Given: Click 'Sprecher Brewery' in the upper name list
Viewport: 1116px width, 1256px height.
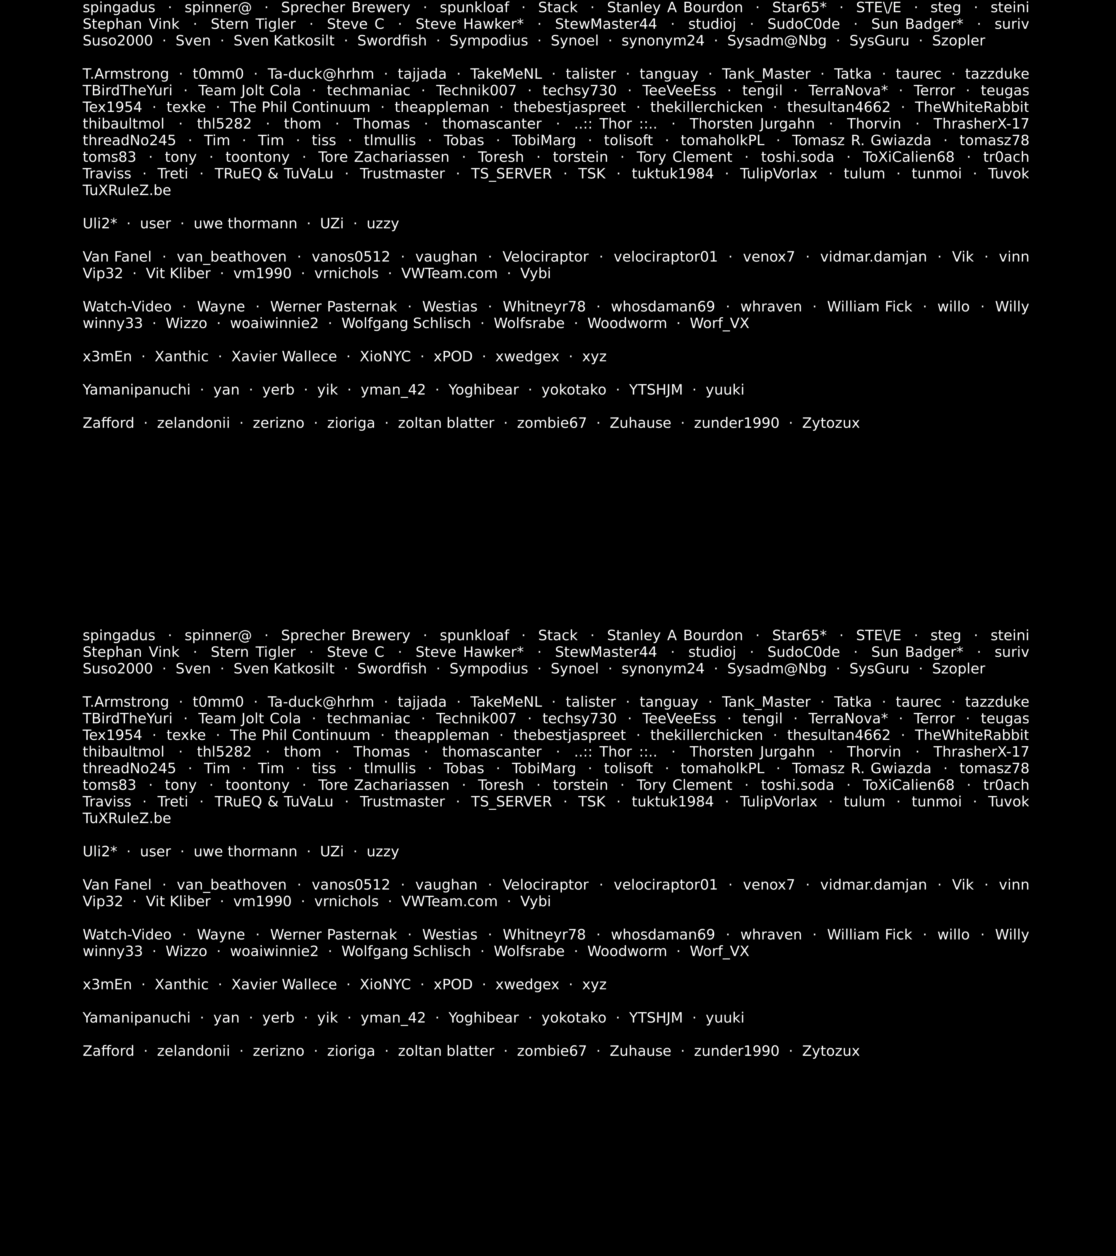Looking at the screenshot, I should (x=345, y=8).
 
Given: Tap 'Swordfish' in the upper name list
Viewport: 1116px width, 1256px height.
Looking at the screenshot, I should (x=392, y=41).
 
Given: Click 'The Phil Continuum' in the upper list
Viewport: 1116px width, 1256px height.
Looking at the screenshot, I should (x=300, y=107).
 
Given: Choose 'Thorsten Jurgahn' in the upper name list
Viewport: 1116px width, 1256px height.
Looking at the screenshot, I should (x=752, y=124).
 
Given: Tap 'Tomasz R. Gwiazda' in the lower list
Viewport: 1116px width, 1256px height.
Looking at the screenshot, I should (x=861, y=769).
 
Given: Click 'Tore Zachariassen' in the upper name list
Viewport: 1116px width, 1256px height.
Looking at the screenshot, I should (x=383, y=157).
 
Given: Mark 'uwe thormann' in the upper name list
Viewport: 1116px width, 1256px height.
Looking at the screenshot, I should (x=245, y=224).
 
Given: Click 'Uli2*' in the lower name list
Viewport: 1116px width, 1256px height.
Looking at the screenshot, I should (x=100, y=852).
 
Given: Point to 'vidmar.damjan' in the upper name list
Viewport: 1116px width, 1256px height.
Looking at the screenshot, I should (x=873, y=257).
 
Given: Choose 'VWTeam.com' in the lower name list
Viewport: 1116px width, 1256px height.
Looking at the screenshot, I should (x=449, y=902).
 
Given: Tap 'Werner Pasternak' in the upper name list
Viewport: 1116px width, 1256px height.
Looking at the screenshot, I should (x=333, y=307).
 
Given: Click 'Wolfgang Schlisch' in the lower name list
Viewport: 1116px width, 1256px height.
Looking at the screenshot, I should (x=406, y=951).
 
